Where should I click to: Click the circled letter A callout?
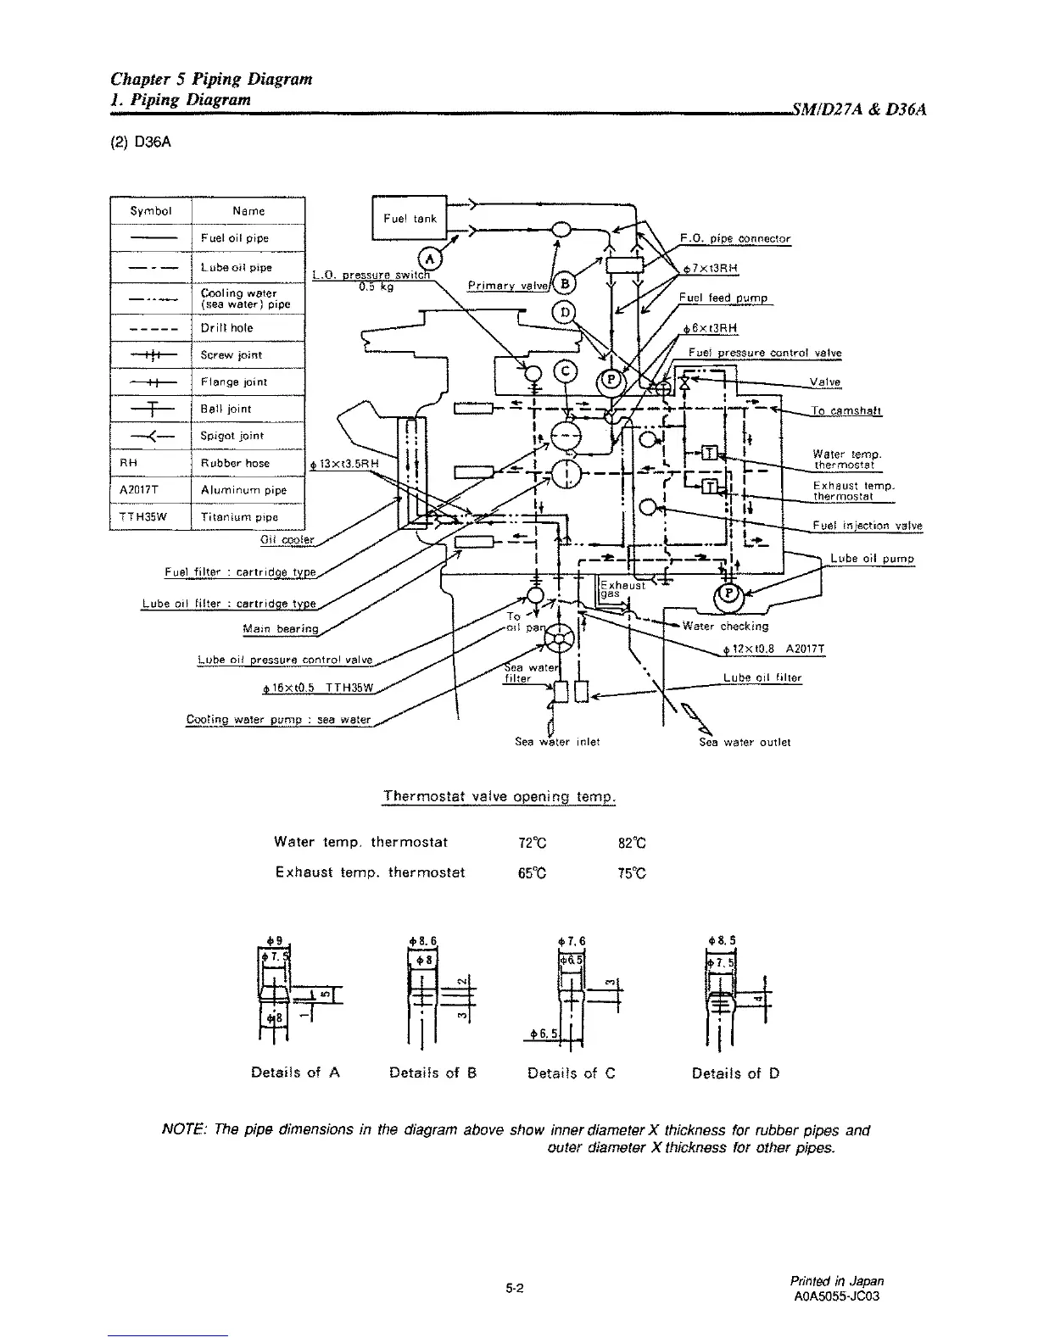[431, 258]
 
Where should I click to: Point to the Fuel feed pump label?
[723, 298]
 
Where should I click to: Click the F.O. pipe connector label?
[735, 238]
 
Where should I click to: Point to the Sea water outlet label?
[745, 742]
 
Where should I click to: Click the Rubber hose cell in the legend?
[235, 463]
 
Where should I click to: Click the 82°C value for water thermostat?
[633, 843]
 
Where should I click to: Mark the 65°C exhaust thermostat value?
[532, 872]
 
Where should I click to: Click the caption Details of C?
[571, 1073]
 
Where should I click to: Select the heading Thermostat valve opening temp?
[499, 797]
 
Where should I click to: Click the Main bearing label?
[280, 628]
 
